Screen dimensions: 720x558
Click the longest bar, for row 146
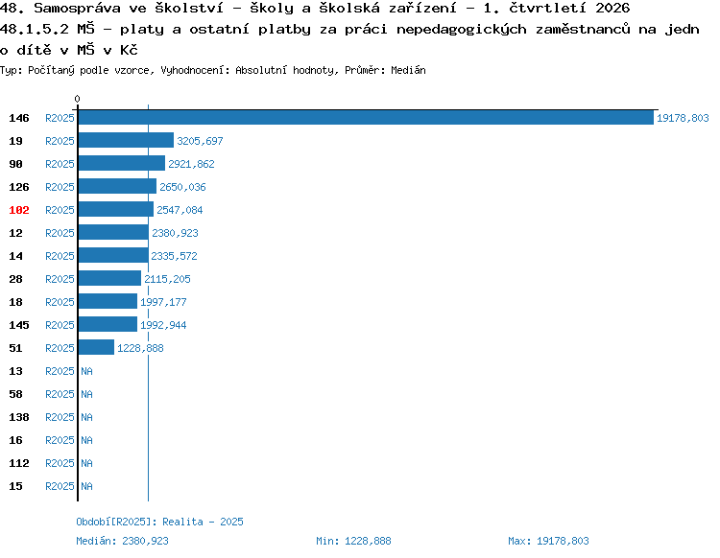pos(366,117)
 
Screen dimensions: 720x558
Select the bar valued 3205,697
pos(127,140)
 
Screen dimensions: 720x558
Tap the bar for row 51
pos(96,347)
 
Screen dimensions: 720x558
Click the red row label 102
pos(19,210)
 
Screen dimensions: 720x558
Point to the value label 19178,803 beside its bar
pos(683,118)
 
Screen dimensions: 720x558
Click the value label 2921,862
pos(191,164)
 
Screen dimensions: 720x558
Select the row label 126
pos(19,187)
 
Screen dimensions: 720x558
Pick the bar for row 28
pos(109,278)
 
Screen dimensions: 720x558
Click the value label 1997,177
pos(163,302)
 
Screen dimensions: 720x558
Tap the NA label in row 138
pos(86,417)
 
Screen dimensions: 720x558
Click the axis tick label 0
pos(77,99)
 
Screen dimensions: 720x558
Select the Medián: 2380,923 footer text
pos(122,541)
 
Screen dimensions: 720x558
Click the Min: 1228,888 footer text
pos(353,541)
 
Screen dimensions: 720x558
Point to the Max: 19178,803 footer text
pos(548,541)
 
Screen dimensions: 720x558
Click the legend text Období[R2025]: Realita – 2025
pos(159,522)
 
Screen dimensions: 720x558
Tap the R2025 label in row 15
pos(60,486)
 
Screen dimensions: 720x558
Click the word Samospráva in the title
pos(77,9)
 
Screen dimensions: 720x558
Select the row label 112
pos(19,463)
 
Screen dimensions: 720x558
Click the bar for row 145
pos(108,324)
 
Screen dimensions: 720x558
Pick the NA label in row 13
pos(86,371)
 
